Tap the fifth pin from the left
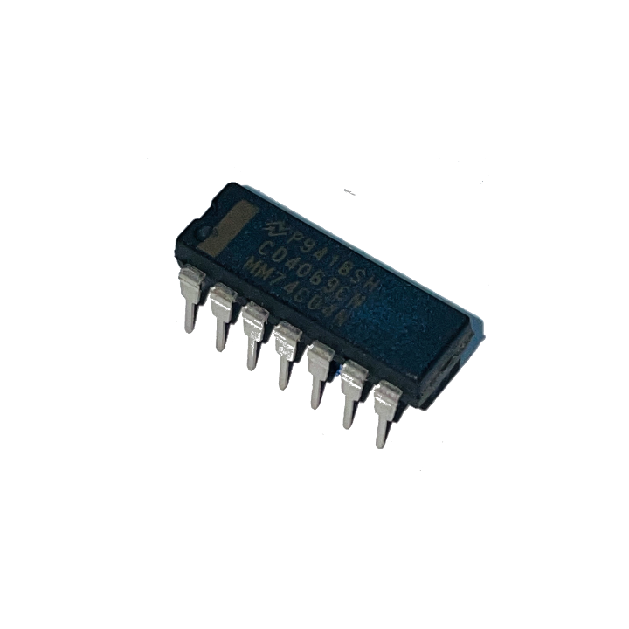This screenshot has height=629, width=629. pos(318,371)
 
